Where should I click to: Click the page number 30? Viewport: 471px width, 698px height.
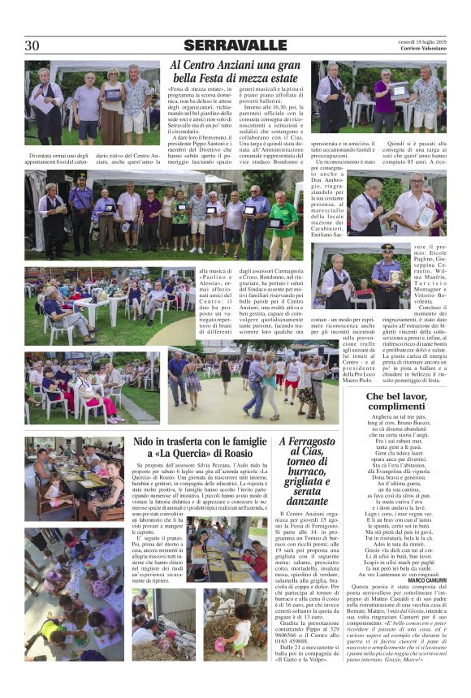32,45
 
